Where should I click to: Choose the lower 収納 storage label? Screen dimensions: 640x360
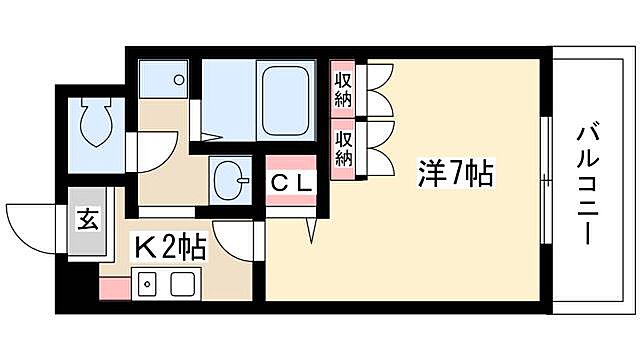[x=343, y=147]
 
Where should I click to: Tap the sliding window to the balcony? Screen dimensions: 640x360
[x=546, y=180]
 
